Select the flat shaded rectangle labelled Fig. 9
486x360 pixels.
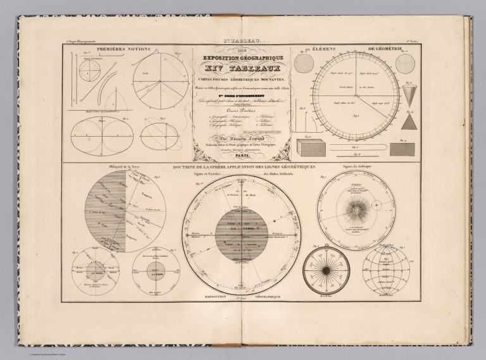[x=402, y=149]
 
